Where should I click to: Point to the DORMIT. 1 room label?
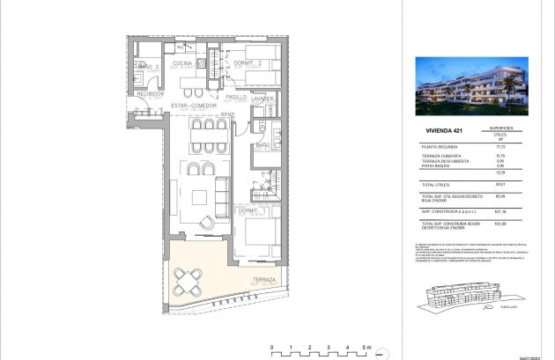(x=252, y=210)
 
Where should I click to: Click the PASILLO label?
(x=236, y=97)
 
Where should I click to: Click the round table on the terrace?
(x=191, y=282)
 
